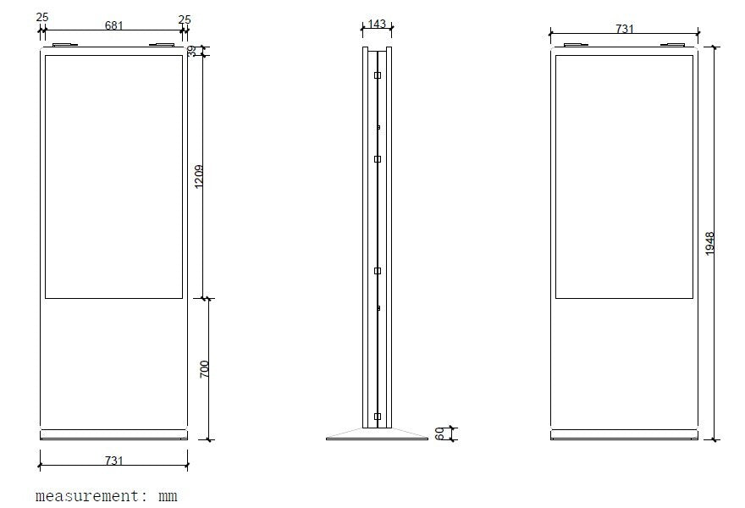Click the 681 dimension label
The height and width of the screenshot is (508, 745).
(113, 25)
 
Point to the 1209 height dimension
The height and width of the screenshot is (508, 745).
(200, 176)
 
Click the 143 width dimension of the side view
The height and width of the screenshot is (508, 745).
(377, 25)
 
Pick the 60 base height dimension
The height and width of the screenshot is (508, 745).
(439, 433)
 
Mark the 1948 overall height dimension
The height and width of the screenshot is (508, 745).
(709, 244)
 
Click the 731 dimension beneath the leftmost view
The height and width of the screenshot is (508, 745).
(113, 461)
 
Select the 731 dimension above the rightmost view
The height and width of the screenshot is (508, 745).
(624, 29)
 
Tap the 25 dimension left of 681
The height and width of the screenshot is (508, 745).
(42, 18)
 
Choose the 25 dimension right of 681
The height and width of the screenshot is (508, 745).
(185, 18)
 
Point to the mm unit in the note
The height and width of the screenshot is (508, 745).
(168, 495)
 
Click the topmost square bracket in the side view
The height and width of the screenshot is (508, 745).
(378, 75)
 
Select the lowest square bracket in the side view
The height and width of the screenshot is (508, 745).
(378, 416)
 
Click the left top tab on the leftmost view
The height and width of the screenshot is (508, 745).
(64, 45)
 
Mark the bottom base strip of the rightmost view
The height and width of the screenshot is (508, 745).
(624, 435)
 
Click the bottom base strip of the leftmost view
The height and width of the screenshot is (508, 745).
(113, 435)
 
